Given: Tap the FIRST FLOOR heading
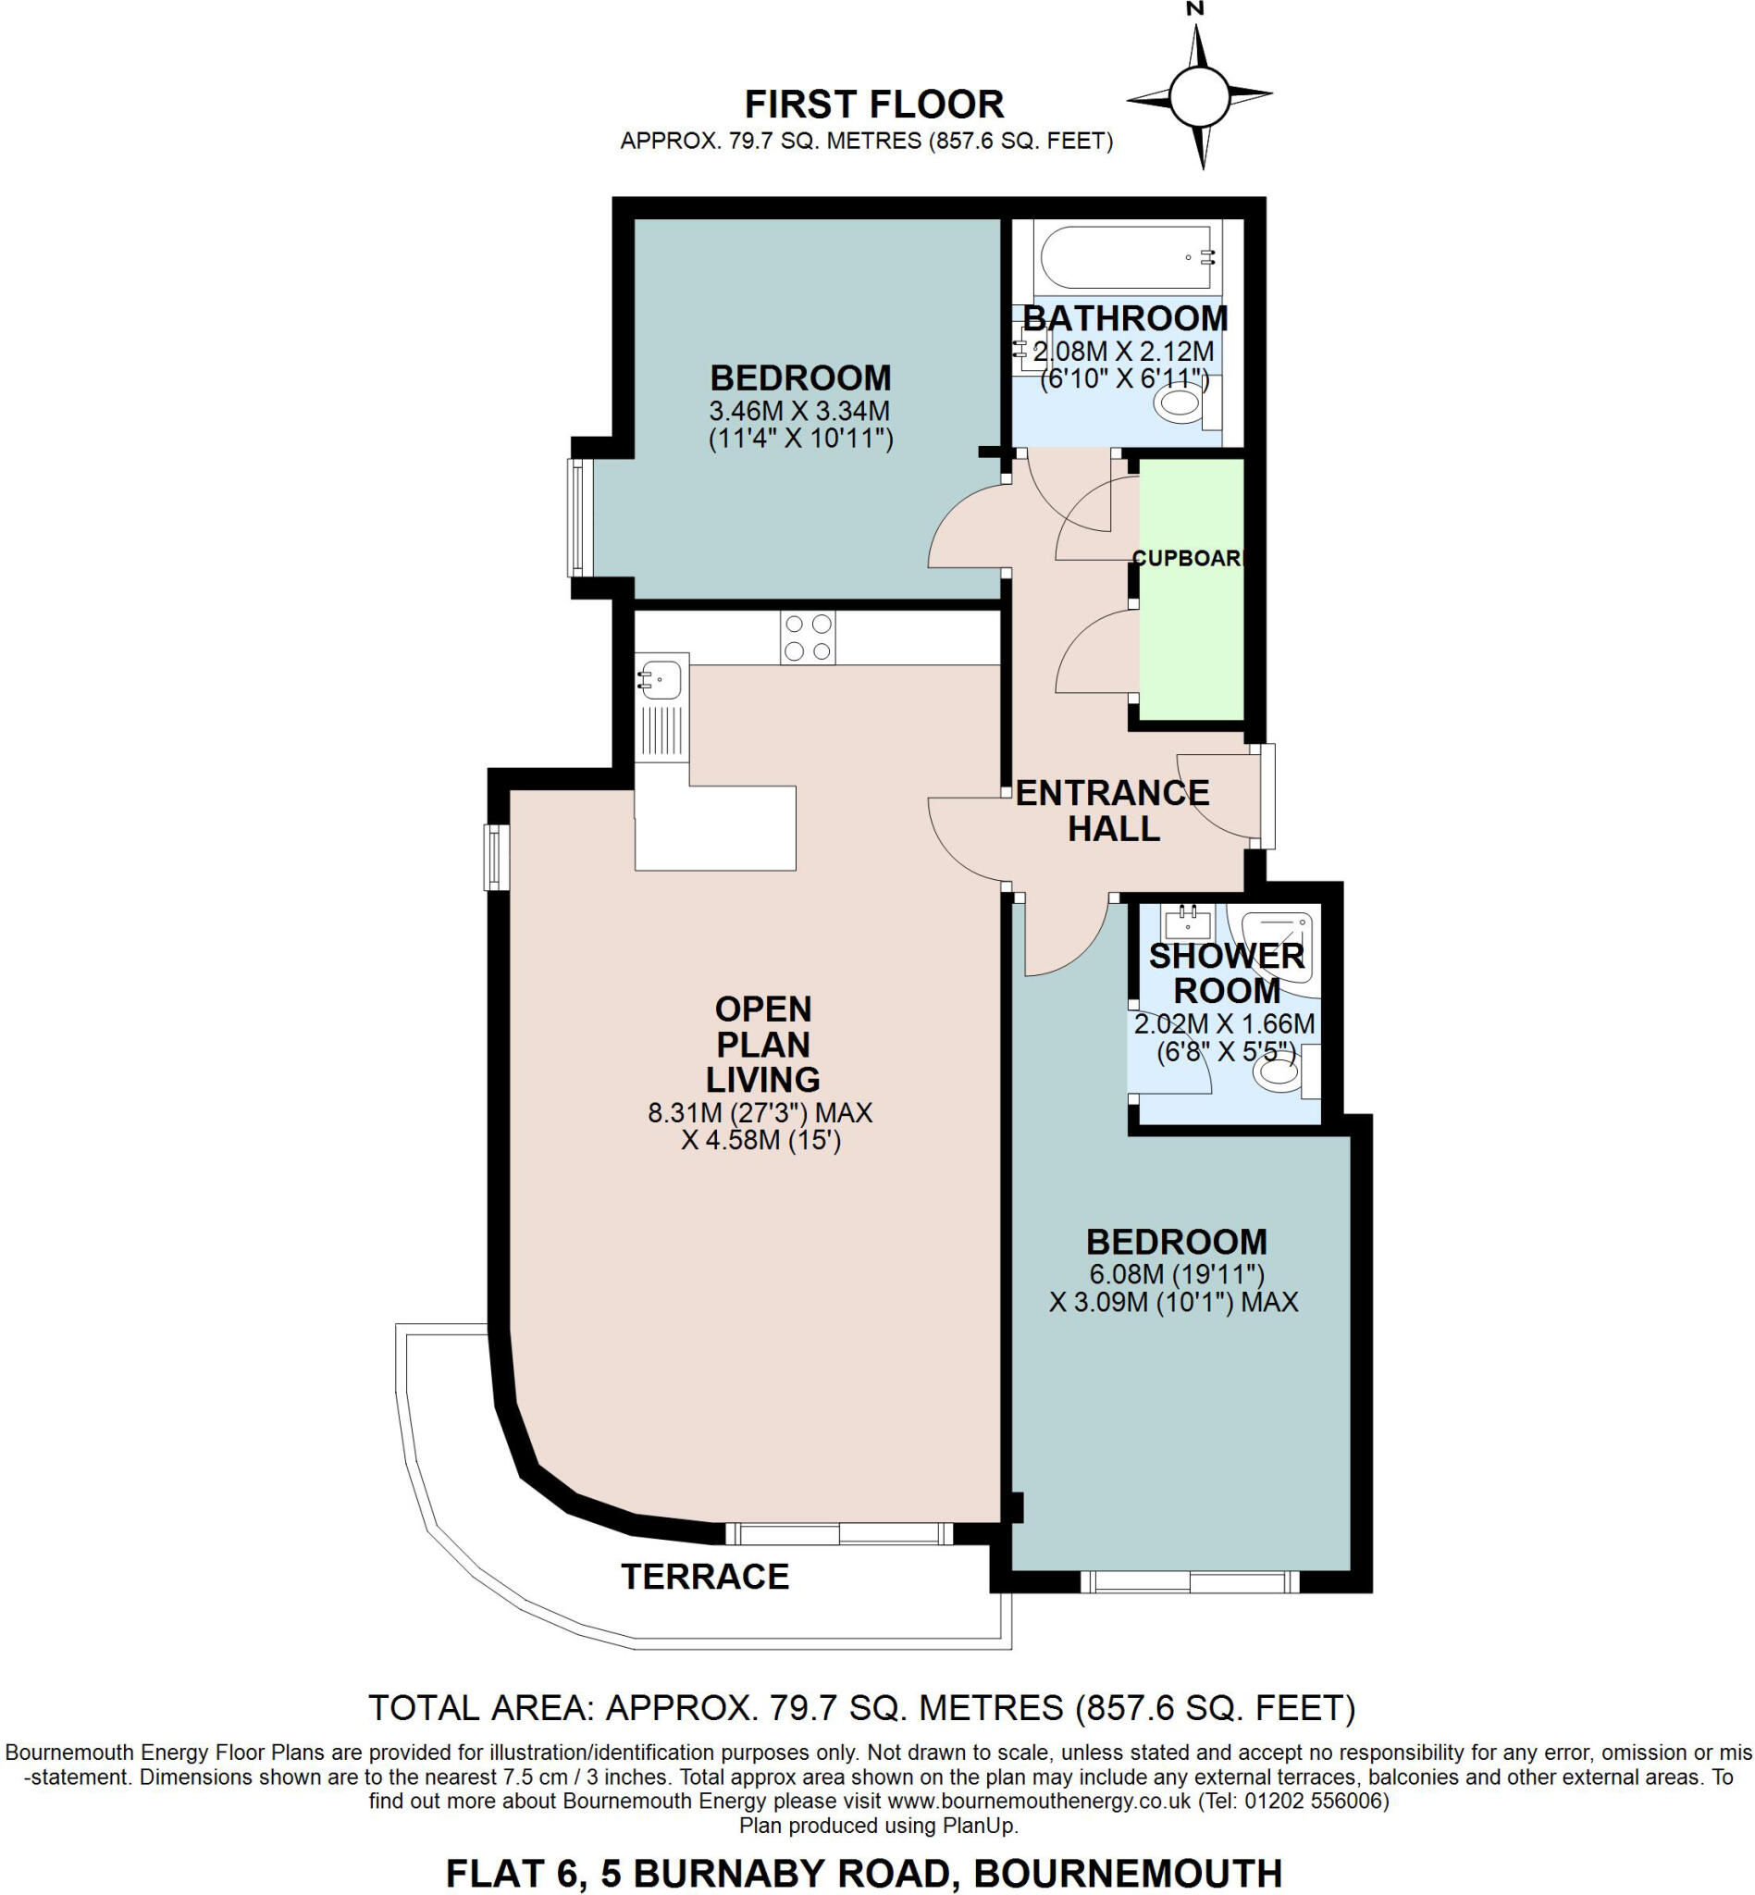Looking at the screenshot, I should (x=873, y=104).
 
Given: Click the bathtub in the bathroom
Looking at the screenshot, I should (x=1126, y=256).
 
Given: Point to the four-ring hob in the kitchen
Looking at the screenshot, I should (x=808, y=638).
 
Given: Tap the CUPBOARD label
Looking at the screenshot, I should (x=1188, y=559).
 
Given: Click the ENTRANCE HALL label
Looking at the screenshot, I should (x=1112, y=811).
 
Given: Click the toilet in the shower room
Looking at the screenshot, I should (x=1279, y=1074).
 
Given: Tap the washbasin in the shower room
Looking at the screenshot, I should (x=1188, y=921).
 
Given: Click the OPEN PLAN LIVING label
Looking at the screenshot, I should (x=762, y=1044).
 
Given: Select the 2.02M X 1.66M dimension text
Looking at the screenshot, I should (x=1224, y=1024).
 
